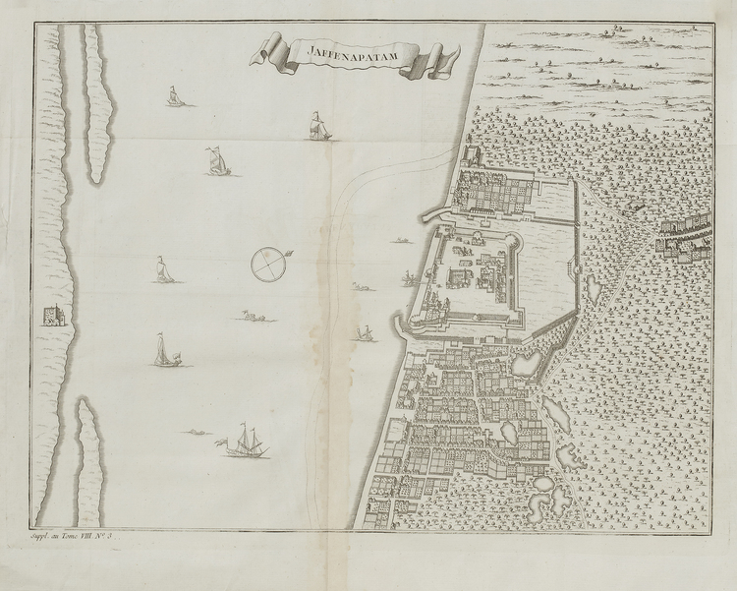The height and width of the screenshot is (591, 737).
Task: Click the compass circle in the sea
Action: [266, 263]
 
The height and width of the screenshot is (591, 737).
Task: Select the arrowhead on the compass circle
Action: [288, 256]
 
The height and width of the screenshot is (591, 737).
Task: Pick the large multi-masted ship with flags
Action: [246, 444]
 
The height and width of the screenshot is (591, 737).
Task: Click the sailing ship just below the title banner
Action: [316, 127]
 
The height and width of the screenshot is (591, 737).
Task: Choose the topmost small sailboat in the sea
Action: [174, 97]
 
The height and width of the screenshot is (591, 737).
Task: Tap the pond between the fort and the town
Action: [524, 363]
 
